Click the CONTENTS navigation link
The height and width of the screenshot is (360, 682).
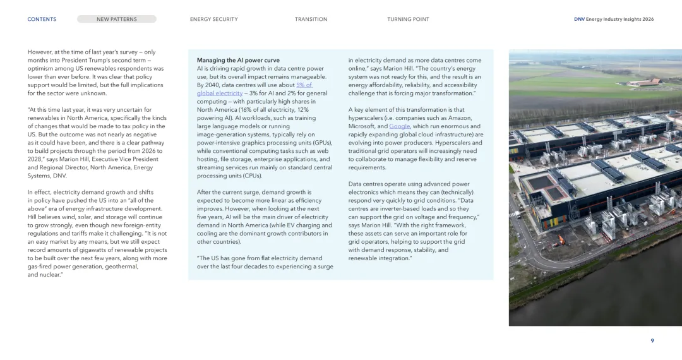[x=42, y=19]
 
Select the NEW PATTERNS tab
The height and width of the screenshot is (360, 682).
[x=116, y=19]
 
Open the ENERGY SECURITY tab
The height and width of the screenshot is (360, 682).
[x=213, y=19]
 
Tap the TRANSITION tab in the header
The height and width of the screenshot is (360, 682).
[x=311, y=19]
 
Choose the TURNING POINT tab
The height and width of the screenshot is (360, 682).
[x=408, y=19]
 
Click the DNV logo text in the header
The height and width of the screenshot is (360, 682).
[x=579, y=19]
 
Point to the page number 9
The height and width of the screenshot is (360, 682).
[x=652, y=341]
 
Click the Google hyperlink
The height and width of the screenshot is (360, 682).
[x=399, y=126]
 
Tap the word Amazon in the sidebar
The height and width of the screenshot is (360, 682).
[x=460, y=118]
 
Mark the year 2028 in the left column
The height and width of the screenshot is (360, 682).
[x=36, y=159]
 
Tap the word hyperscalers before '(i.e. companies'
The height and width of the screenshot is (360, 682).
[x=366, y=118]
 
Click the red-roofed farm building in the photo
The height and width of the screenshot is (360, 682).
[x=643, y=82]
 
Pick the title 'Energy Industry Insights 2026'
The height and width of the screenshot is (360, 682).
[x=619, y=19]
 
